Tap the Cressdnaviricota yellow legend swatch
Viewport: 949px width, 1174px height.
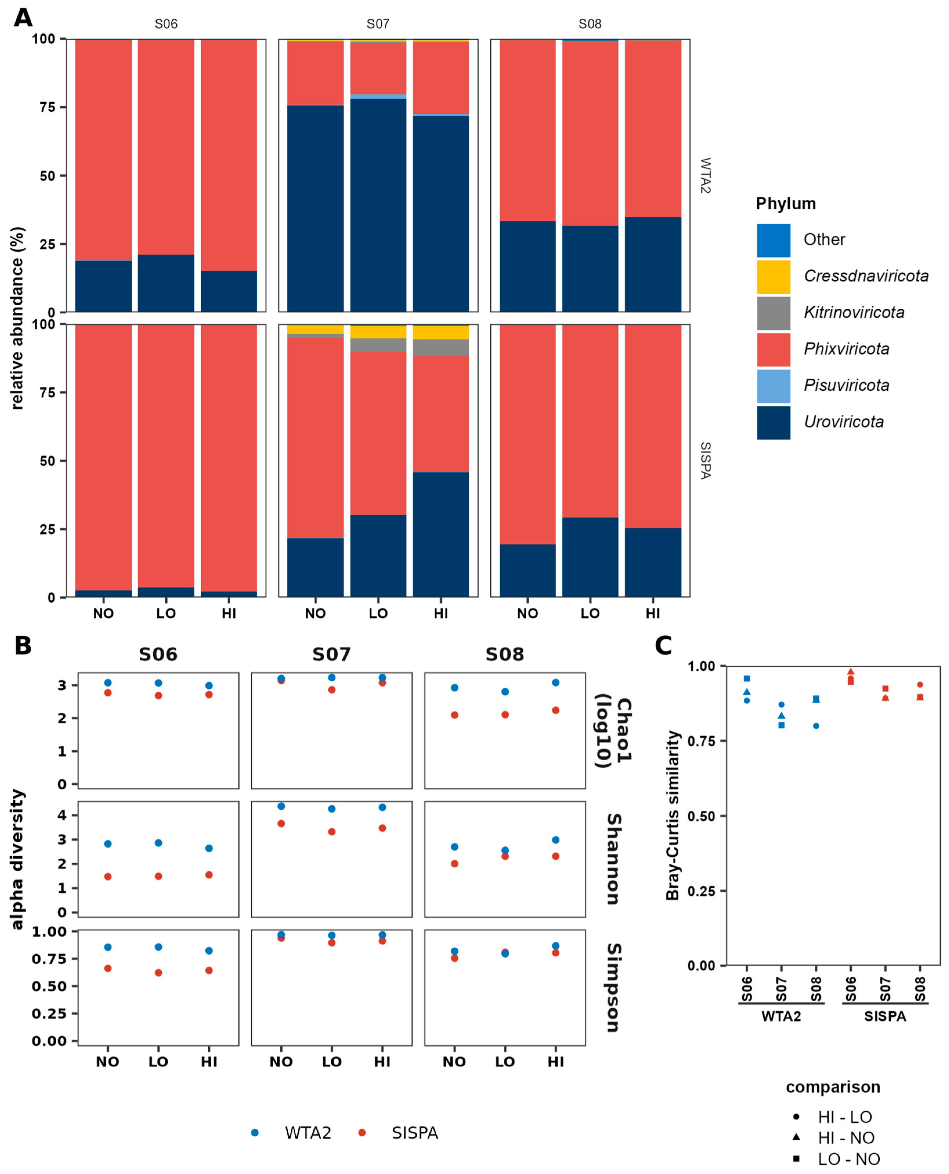pyautogui.click(x=773, y=277)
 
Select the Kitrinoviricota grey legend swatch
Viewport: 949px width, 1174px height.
pyautogui.click(x=773, y=313)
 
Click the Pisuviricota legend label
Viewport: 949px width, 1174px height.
pyautogui.click(x=846, y=386)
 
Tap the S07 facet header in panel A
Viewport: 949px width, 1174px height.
pyautogui.click(x=378, y=24)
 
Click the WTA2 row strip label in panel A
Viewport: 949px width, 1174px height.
pyautogui.click(x=705, y=176)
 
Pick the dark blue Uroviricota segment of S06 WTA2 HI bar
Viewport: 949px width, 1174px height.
pyautogui.click(x=229, y=291)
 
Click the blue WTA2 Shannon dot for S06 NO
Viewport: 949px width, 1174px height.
pyautogui.click(x=108, y=844)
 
